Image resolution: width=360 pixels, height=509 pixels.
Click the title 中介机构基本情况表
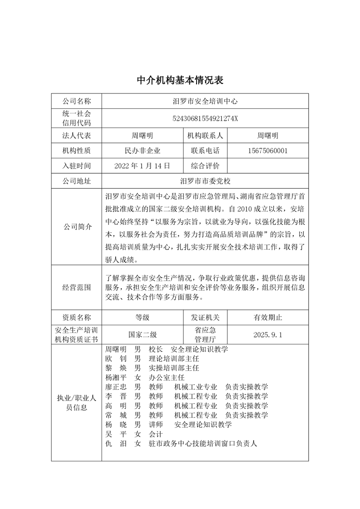pos(180,80)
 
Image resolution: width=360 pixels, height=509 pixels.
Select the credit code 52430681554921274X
pos(205,118)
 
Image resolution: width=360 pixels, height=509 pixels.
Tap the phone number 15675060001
pos(268,151)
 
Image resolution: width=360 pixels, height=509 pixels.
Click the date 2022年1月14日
pos(142,166)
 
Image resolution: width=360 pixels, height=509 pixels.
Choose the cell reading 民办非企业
pos(142,151)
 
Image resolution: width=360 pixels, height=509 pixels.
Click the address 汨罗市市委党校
pos(205,181)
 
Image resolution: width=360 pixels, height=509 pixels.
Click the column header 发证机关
pos(205,317)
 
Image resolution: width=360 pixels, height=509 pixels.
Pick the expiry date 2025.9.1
pos(268,335)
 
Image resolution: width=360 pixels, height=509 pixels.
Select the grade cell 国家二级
pos(142,335)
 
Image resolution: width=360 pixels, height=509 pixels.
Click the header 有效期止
pos(268,317)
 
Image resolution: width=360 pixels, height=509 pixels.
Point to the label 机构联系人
pos(205,136)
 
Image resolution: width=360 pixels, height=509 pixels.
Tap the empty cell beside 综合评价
pos(268,166)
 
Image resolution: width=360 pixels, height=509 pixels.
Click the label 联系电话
pos(205,151)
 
